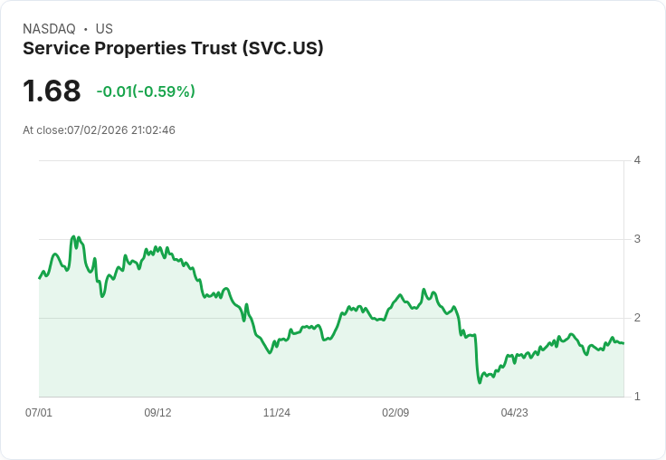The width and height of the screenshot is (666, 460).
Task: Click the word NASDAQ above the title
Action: pyautogui.click(x=49, y=29)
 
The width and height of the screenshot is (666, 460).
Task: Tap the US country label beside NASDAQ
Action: pyautogui.click(x=104, y=29)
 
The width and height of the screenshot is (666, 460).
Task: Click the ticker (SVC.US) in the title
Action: pyautogui.click(x=283, y=48)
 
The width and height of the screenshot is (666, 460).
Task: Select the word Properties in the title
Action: pyautogui.click(x=140, y=49)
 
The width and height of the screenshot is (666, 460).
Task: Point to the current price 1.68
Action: pyautogui.click(x=52, y=91)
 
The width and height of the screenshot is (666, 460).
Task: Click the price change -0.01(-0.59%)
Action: pyautogui.click(x=146, y=91)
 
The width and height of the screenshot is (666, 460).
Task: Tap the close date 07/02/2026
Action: pyautogui.click(x=97, y=130)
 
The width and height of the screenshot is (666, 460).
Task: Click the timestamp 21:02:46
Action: pyautogui.click(x=153, y=130)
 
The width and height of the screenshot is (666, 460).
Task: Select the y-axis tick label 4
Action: pyautogui.click(x=637, y=160)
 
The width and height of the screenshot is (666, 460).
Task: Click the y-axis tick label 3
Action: pyautogui.click(x=637, y=239)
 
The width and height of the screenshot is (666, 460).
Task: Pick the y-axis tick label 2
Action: pyautogui.click(x=637, y=318)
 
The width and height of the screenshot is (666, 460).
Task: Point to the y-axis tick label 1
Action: pyautogui.click(x=637, y=397)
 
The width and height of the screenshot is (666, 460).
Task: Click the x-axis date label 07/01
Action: pyautogui.click(x=39, y=412)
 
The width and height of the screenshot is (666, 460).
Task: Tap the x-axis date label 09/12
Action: pyautogui.click(x=157, y=412)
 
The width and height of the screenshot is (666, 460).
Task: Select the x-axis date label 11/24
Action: pyautogui.click(x=277, y=412)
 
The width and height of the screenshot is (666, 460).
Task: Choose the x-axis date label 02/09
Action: pyautogui.click(x=395, y=412)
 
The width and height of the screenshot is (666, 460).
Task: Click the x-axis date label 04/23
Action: pyautogui.click(x=514, y=412)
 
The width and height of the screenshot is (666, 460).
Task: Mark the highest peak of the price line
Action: pyautogui.click(x=73, y=236)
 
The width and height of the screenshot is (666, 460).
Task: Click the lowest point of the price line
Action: pyautogui.click(x=480, y=383)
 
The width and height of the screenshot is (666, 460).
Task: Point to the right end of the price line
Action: pyautogui.click(x=623, y=343)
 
